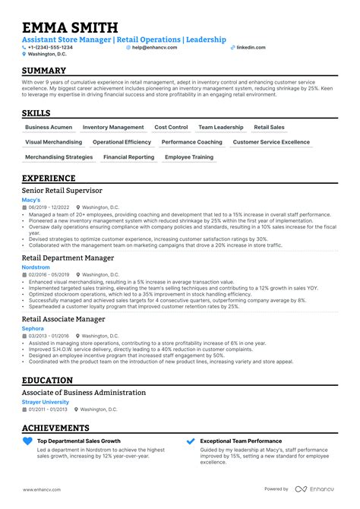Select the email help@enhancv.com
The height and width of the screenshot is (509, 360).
click(154, 47)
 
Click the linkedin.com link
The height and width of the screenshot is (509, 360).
click(251, 47)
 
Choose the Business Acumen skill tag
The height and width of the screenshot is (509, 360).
click(48, 128)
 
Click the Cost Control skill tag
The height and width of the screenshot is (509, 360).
click(171, 128)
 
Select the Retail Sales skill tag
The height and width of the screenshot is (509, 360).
click(269, 128)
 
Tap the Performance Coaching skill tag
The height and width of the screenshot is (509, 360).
click(192, 142)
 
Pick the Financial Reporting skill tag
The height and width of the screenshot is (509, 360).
click(128, 157)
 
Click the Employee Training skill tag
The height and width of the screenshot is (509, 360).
click(189, 157)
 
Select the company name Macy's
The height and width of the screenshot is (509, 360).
click(32, 200)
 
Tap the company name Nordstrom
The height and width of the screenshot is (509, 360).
click(36, 267)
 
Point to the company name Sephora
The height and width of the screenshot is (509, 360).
click(33, 328)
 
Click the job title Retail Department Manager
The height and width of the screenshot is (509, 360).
click(68, 258)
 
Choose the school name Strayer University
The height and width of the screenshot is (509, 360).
click(46, 401)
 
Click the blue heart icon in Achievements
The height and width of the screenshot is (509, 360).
click(28, 441)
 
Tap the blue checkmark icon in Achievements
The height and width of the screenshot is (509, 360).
click(190, 441)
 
